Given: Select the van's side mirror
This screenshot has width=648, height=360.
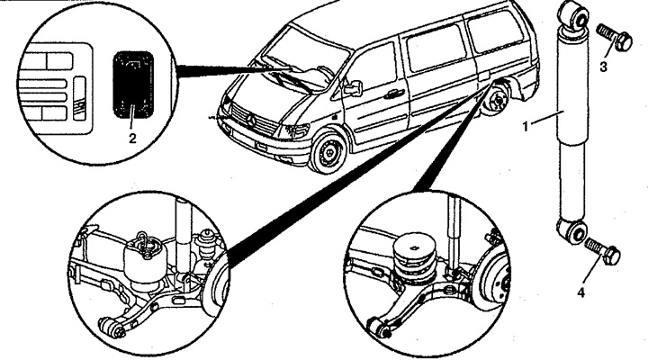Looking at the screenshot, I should point(353,87).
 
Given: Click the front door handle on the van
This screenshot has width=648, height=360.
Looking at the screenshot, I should point(394,94).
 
